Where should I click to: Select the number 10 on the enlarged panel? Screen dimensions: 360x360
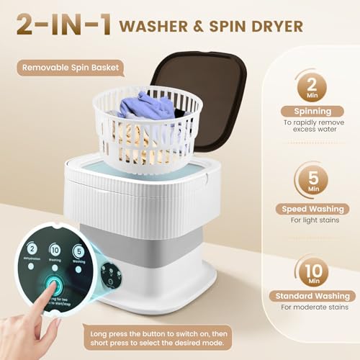pyautogui.click(x=54, y=249)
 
